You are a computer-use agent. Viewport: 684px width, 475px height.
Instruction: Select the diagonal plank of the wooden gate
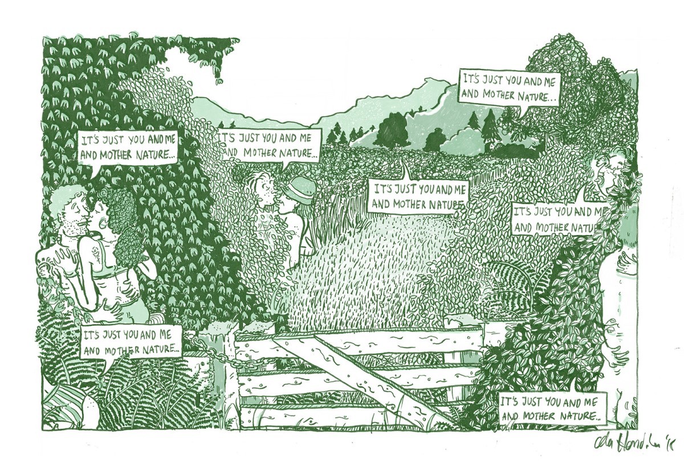coord(365,371)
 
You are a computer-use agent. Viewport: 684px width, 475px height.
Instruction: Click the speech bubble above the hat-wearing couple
coord(270,145)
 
